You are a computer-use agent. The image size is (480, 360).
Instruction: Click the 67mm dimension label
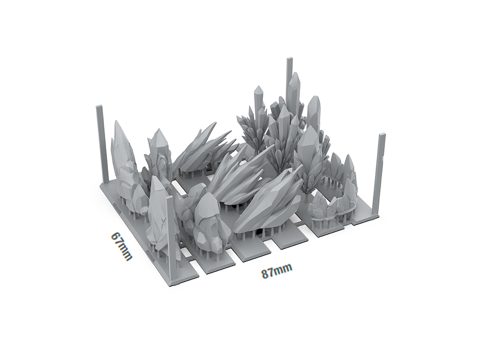pos(121,246)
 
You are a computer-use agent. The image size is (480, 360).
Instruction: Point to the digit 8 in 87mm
pos(265,274)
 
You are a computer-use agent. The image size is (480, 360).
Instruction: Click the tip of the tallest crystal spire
pos(295,72)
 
